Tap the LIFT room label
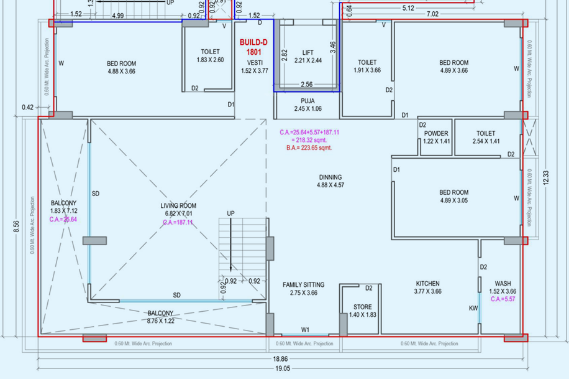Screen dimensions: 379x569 (308, 53)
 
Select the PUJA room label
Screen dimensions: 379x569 (307, 100)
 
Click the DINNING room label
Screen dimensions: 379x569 (330, 177)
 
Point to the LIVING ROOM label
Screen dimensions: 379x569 (178, 206)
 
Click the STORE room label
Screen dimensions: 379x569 (362, 307)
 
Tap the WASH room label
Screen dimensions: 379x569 (503, 284)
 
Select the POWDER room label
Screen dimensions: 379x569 (436, 134)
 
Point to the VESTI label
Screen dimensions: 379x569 (254, 63)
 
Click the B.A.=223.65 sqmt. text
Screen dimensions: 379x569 (309, 148)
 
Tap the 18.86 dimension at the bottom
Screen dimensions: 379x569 (280, 359)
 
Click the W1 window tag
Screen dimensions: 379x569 (306, 330)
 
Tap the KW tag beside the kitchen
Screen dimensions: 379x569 (473, 308)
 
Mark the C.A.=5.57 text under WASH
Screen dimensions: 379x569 (503, 299)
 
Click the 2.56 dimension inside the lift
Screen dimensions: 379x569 (307, 85)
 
